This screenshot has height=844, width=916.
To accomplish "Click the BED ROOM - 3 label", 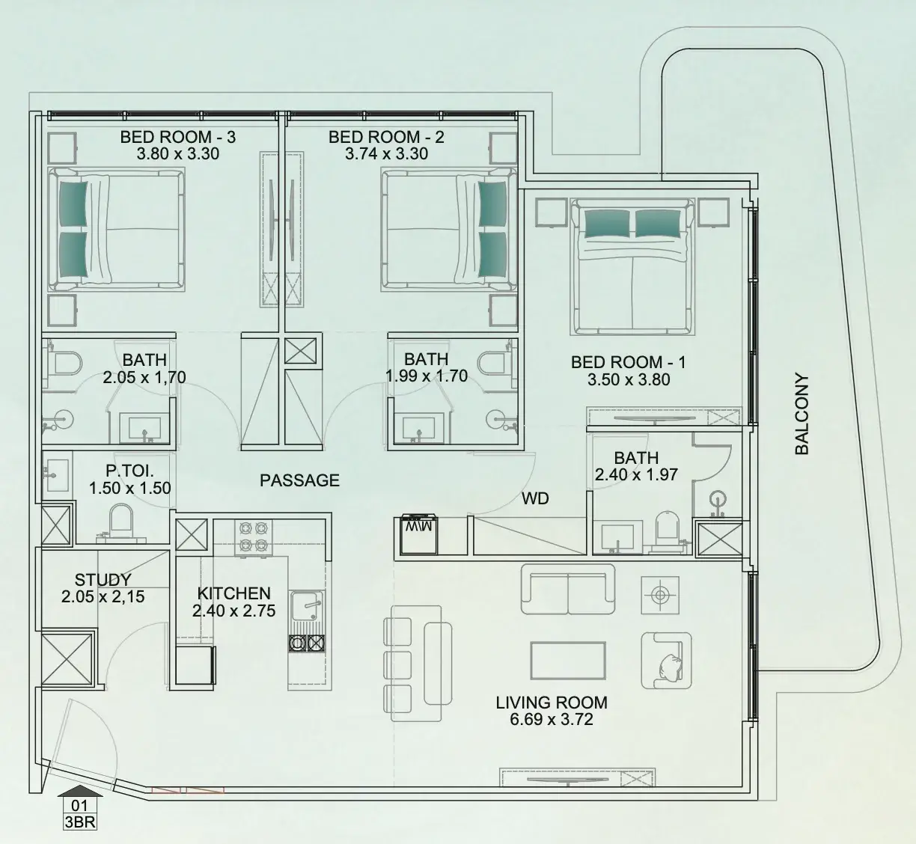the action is (178, 137).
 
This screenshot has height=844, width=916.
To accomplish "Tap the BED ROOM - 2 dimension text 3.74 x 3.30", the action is (386, 154).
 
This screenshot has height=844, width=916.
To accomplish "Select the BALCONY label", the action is (801, 415).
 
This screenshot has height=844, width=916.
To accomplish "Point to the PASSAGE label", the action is (299, 480).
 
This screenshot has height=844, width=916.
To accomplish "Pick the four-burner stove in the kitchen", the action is (254, 537).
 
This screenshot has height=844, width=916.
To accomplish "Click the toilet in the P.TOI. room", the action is (121, 523).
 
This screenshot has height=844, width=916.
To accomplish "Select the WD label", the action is (535, 499).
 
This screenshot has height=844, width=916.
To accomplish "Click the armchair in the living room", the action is (666, 661).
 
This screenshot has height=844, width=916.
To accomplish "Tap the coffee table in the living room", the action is (568, 661).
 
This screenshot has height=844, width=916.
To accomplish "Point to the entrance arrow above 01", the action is (80, 792).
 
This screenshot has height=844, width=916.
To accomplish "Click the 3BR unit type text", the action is (80, 822).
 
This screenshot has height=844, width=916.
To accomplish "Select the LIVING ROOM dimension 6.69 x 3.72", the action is (551, 719).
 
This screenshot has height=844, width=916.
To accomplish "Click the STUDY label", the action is (103, 580).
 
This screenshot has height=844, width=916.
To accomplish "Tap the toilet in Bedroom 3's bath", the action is (66, 364).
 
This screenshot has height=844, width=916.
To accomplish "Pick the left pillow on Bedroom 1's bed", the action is (608, 223).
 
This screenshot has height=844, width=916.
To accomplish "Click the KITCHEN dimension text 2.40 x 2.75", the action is (233, 611).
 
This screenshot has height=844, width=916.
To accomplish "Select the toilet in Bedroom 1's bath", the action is (667, 528).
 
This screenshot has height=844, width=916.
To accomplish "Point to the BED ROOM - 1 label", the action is (629, 363).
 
